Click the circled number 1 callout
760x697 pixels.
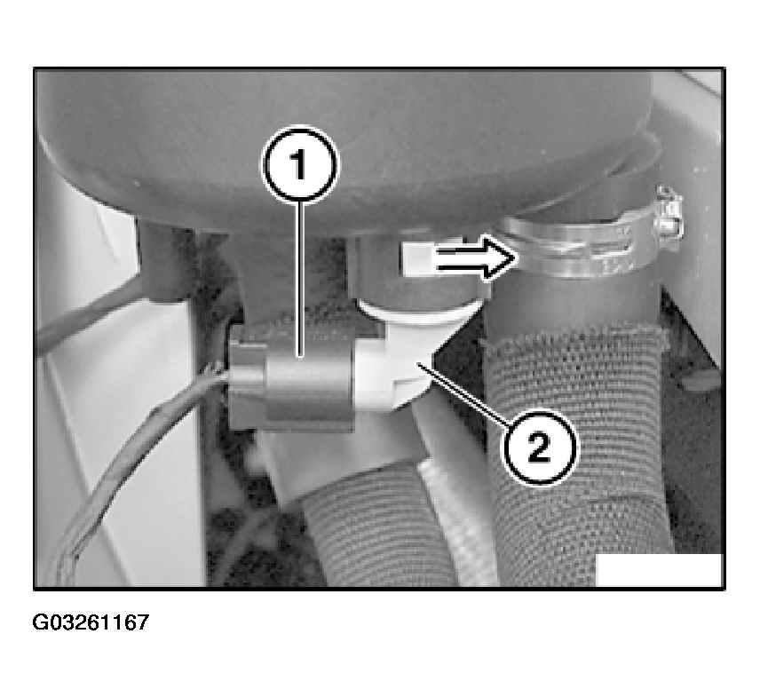[x=299, y=164]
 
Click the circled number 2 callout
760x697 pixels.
[x=540, y=447]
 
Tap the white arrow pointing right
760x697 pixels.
[x=458, y=257]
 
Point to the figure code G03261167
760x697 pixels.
[x=91, y=622]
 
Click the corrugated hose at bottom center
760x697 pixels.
[x=373, y=528]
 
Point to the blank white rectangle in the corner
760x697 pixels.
[x=659, y=570]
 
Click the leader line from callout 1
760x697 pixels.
[x=300, y=279]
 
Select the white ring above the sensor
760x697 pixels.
[x=419, y=310]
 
